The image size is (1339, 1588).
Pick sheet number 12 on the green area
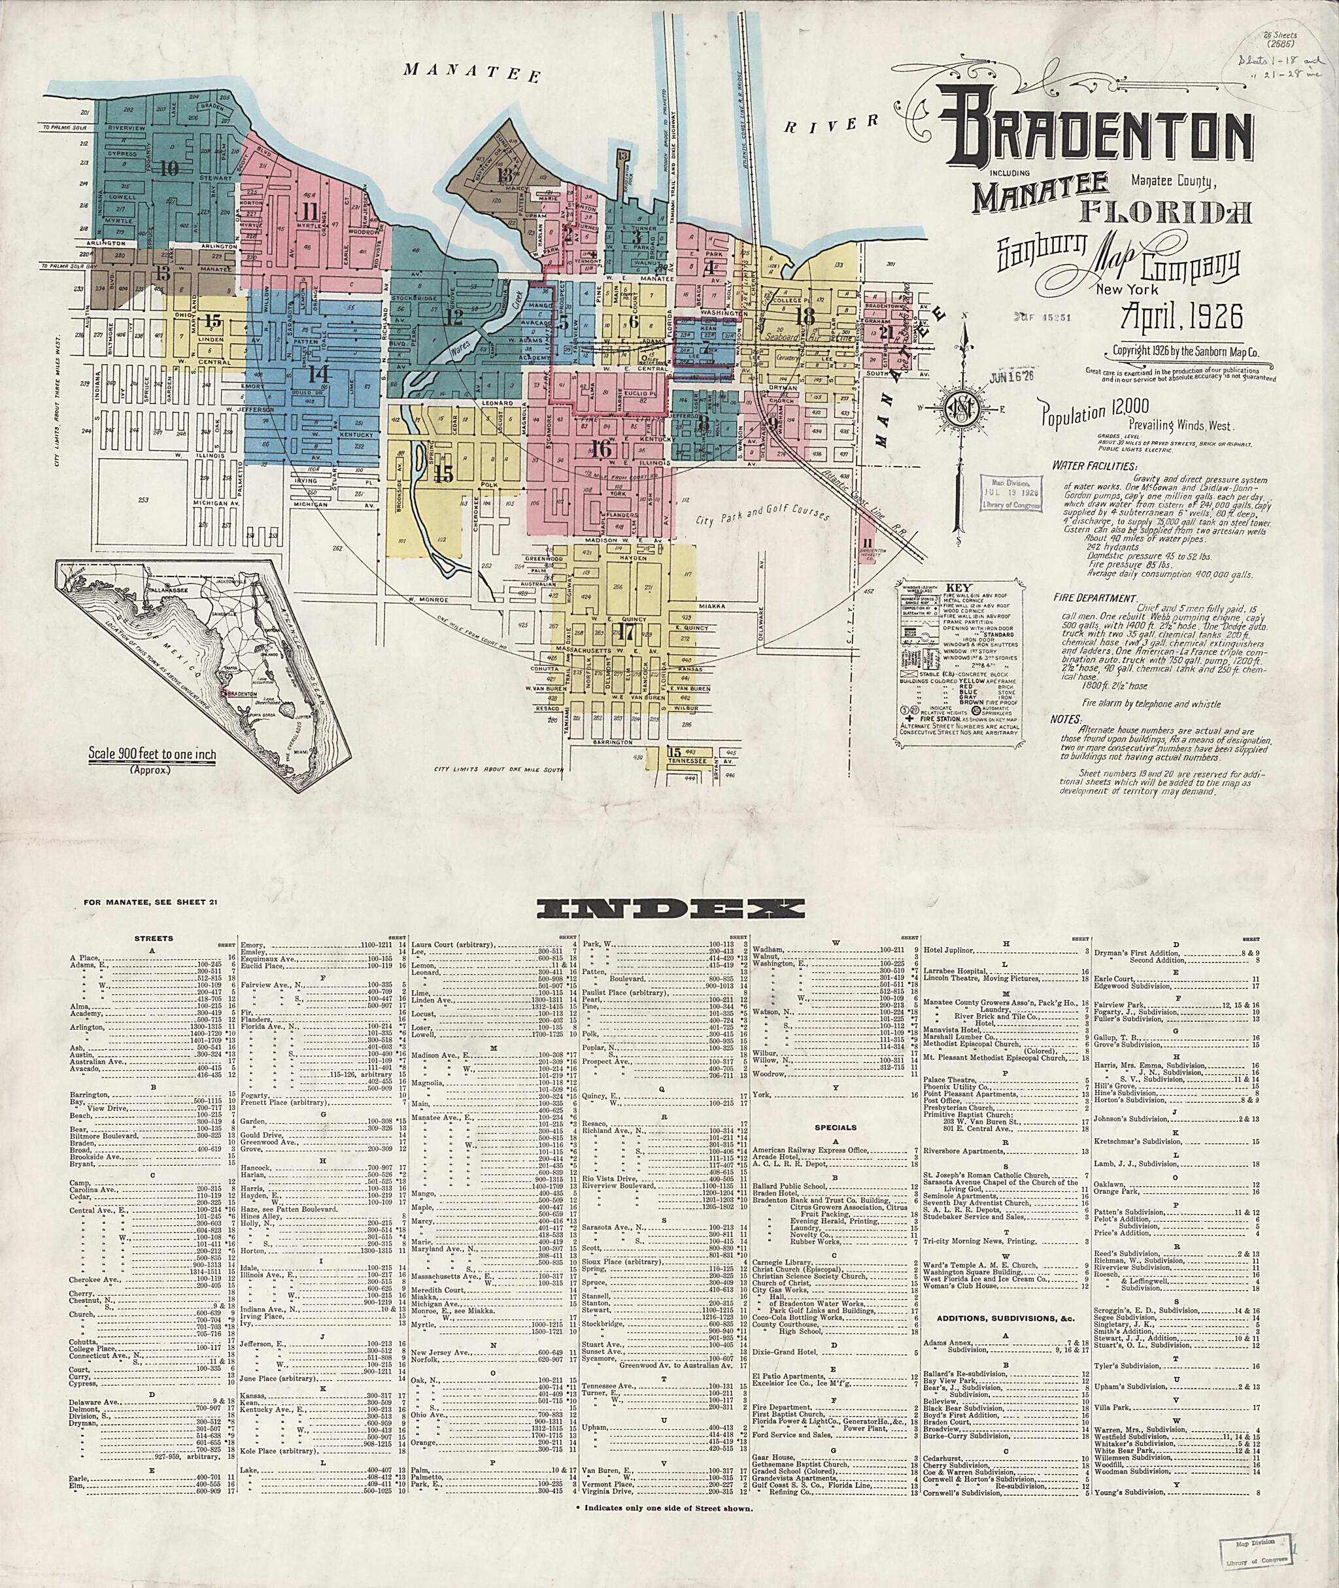454,317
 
